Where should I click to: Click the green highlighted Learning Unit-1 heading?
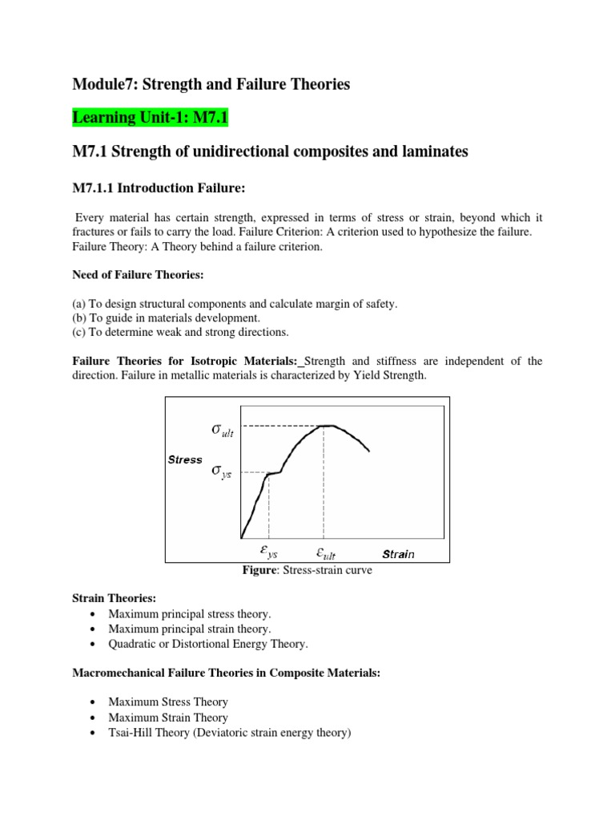click(151, 119)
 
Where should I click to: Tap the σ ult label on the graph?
click(223, 430)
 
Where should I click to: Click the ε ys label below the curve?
click(268, 552)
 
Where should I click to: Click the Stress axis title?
click(185, 459)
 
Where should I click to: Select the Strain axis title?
click(398, 554)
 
